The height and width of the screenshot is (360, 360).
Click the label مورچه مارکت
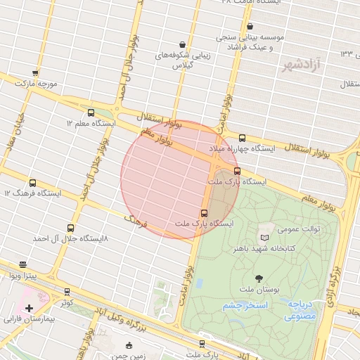35,84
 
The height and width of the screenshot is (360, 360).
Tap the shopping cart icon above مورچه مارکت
35,72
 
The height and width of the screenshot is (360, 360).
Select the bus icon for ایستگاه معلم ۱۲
91,112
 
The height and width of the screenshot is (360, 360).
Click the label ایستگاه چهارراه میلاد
243,149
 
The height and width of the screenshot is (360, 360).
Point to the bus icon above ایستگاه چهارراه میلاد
243,138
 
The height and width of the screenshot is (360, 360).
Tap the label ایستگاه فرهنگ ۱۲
32,193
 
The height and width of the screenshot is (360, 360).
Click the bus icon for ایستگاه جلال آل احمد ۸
70,228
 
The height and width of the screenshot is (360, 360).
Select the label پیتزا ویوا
23,276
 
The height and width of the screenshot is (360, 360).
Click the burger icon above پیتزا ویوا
23,265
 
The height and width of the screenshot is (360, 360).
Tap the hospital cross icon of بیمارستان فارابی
29,308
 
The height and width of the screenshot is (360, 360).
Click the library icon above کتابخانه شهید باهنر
264,238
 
